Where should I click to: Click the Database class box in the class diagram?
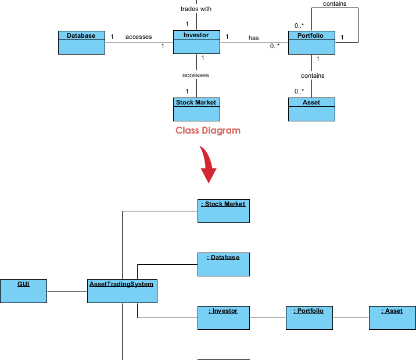[x=81, y=42]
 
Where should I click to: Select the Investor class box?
[x=196, y=42]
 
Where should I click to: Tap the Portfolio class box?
[x=311, y=42]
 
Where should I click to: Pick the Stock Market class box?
[x=196, y=109]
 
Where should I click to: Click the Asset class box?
[x=311, y=109]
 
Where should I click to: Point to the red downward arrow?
[x=207, y=165]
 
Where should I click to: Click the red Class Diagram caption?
[x=208, y=131]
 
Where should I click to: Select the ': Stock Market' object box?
[x=223, y=211]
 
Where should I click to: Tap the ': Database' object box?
[x=223, y=264]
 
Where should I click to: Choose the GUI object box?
[x=23, y=291]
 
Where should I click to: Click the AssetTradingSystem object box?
[x=122, y=291]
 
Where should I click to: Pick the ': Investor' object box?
[x=223, y=318]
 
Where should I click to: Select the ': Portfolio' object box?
[x=308, y=318]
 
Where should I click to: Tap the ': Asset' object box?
[x=392, y=318]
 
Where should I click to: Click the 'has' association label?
[x=254, y=38]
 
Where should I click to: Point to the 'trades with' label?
[x=196, y=9]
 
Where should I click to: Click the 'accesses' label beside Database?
[x=138, y=37]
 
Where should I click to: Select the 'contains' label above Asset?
[x=313, y=75]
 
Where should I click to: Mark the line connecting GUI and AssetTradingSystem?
[x=67, y=291]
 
